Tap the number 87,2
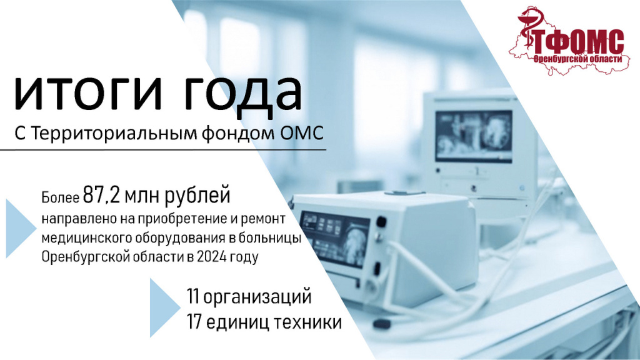coord(102,195)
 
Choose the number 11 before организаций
coord(193,296)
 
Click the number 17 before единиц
coord(194,322)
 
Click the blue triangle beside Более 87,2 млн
coord(18,229)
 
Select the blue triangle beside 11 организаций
coord(162,307)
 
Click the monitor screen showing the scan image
coord(474,136)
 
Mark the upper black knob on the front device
coord(381,222)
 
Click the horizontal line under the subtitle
coord(163,150)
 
